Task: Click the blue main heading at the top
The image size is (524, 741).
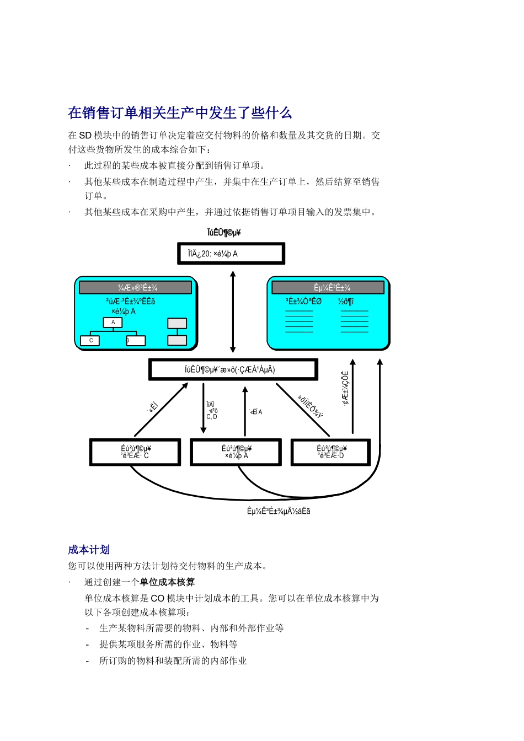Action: pyautogui.click(x=180, y=113)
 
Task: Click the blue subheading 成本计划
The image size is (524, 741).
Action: pyautogui.click(x=89, y=550)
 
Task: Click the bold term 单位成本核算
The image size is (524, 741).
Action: pyautogui.click(x=167, y=582)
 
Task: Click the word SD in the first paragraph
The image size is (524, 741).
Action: pyautogui.click(x=85, y=136)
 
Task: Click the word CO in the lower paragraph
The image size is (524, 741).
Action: pyautogui.click(x=157, y=598)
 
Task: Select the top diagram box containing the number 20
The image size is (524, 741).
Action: pyautogui.click(x=231, y=254)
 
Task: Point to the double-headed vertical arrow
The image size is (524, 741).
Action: pyautogui.click(x=233, y=312)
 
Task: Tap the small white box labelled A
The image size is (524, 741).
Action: pyautogui.click(x=113, y=323)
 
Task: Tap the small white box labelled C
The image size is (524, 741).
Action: pyautogui.click(x=90, y=341)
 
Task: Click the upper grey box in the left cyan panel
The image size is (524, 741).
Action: pyautogui.click(x=177, y=324)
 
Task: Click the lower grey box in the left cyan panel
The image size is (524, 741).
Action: pyautogui.click(x=177, y=340)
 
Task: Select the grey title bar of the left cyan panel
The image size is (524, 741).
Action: pyautogui.click(x=136, y=287)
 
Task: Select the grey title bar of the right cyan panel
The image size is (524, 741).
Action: pyautogui.click(x=328, y=287)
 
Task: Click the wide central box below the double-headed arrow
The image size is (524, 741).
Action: pyautogui.click(x=233, y=369)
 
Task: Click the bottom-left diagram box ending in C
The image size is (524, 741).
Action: pyautogui.click(x=135, y=452)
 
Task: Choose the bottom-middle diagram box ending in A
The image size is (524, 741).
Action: pyautogui.click(x=236, y=452)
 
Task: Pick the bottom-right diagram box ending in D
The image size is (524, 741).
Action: pyautogui.click(x=330, y=452)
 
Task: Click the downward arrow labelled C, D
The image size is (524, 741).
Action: pyautogui.click(x=204, y=408)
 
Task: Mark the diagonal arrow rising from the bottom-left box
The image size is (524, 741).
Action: pyautogui.click(x=161, y=410)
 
